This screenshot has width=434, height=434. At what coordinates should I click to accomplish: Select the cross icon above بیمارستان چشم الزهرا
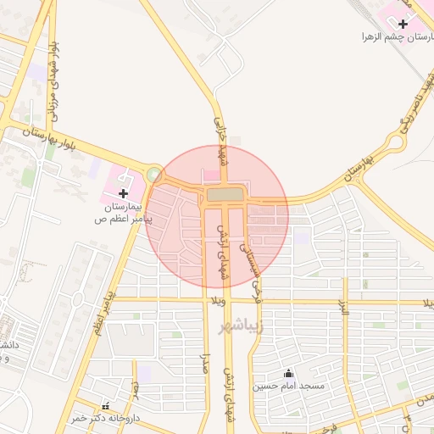pyautogui.click(x=402, y=24)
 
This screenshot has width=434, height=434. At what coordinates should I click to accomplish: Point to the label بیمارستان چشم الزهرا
pyautogui.click(x=392, y=37)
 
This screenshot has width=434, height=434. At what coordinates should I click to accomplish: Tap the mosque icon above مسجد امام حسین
pyautogui.click(x=288, y=373)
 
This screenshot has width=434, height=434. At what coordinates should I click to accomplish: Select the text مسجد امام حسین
pyautogui.click(x=288, y=386)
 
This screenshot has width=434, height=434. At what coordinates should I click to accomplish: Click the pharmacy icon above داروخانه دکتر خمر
pyautogui.click(x=105, y=407)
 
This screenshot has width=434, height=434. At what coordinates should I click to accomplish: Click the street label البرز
pyautogui.click(x=344, y=314)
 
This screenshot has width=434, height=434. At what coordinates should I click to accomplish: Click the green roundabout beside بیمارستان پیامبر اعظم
pyautogui.click(x=153, y=175)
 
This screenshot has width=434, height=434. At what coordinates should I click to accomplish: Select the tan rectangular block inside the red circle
pyautogui.click(x=223, y=195)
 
